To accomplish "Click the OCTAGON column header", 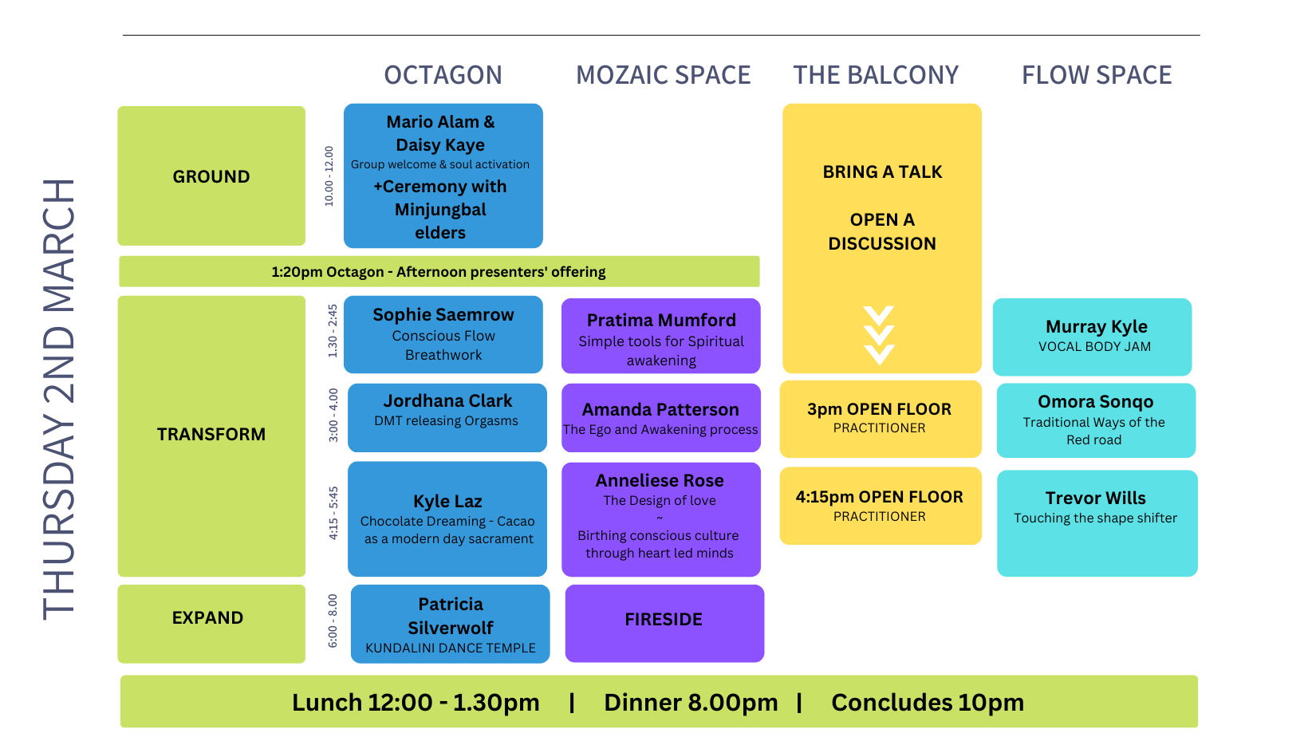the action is coord(443,75).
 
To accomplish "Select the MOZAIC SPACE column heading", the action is coord(663,75).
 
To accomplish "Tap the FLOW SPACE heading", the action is coord(1097,75).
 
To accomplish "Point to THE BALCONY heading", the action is coord(875,75).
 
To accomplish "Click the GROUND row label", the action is coord(211,176).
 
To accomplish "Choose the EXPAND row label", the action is coord(208,618).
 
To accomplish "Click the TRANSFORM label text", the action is coord(211,435).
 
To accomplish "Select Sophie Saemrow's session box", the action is coord(443,334).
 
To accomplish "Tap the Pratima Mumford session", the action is coord(661,336).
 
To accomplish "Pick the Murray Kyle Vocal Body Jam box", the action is coord(1093,337).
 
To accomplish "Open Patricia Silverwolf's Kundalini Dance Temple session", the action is coord(451,624).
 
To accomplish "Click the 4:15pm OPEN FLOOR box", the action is coord(880,506).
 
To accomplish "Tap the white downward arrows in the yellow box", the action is coord(879,335).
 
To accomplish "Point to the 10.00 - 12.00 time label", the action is coord(329,176).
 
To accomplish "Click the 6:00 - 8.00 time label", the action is coord(333,621).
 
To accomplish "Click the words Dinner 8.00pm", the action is coord(691,703).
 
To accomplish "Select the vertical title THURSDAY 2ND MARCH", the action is coord(59,399).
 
